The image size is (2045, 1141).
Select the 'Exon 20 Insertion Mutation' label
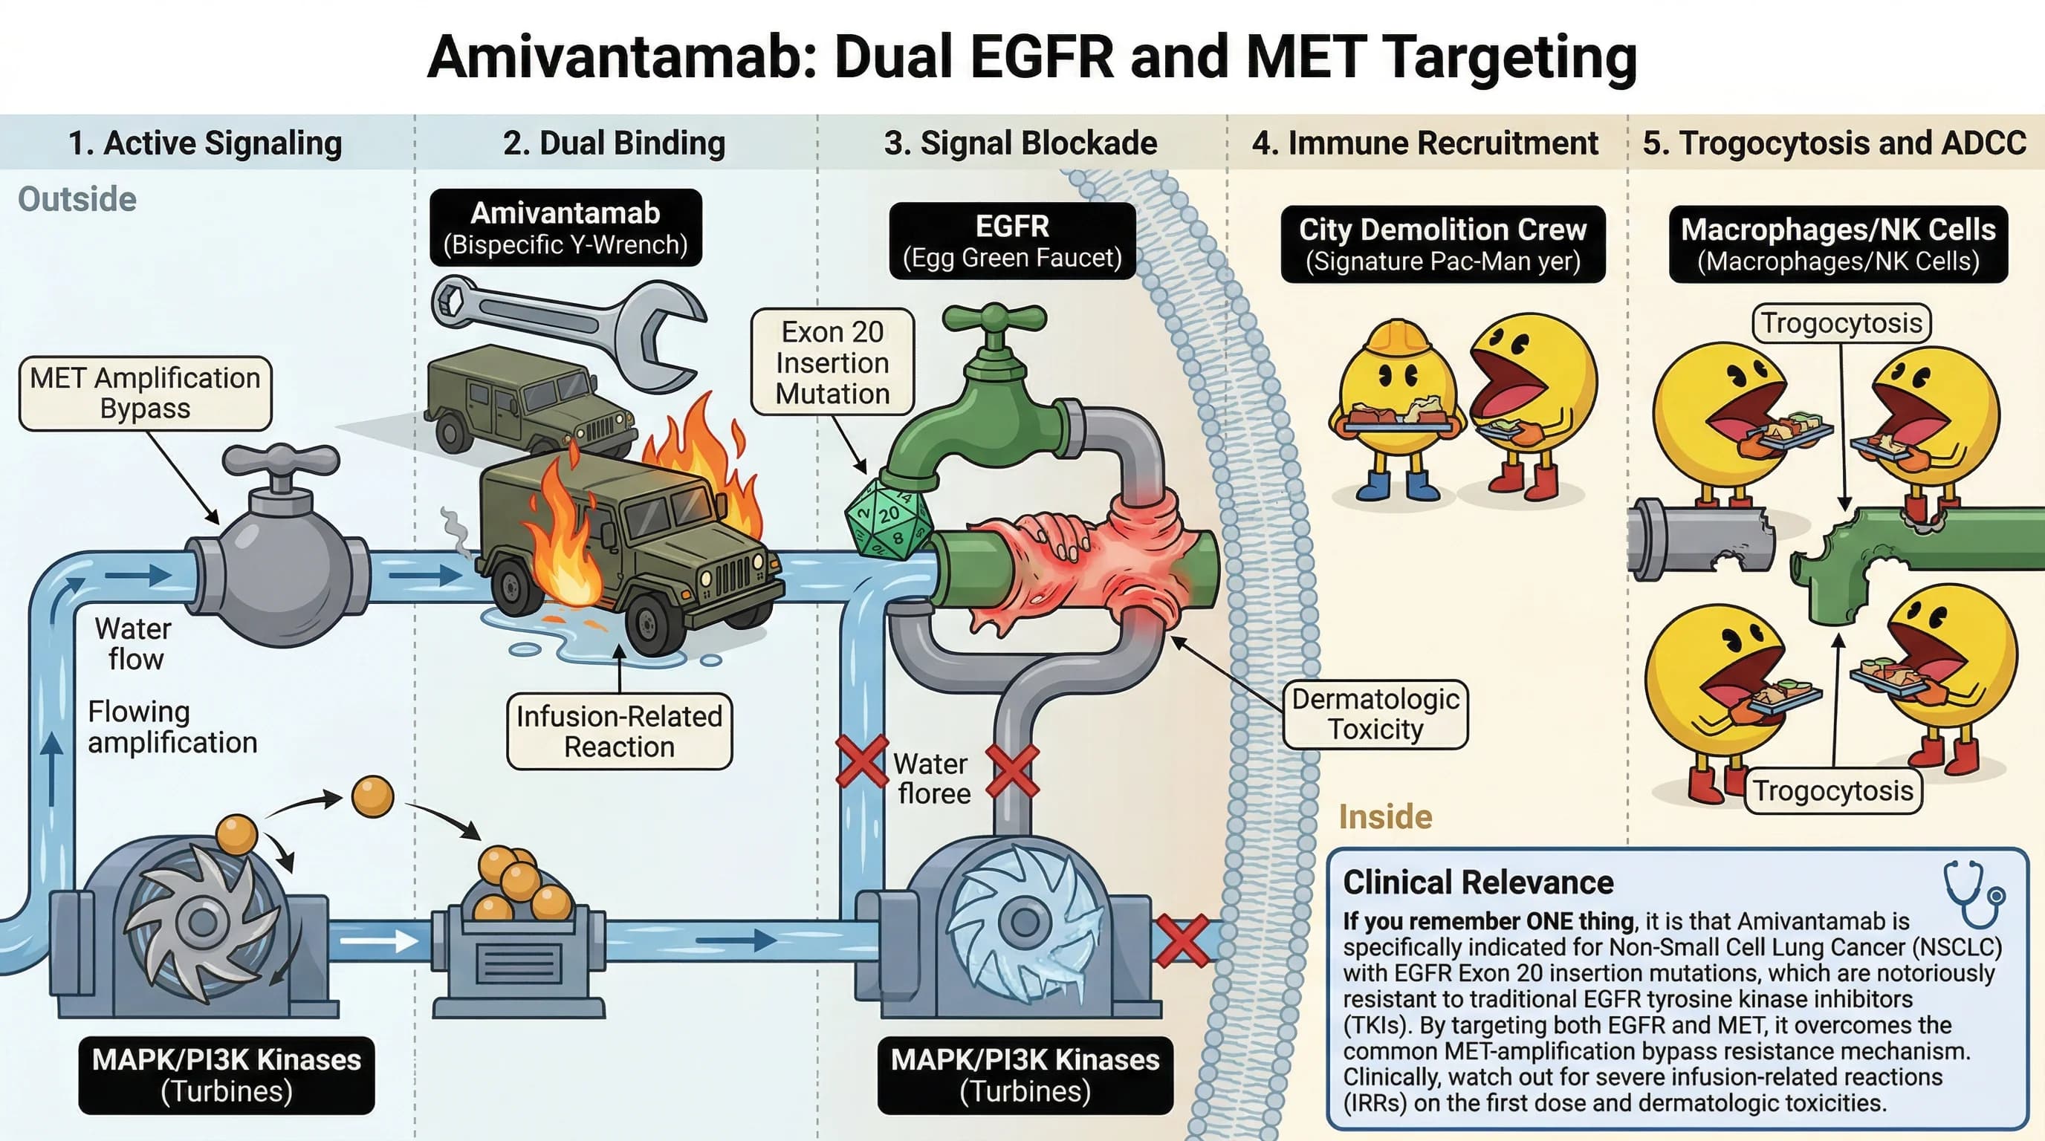pos(832,363)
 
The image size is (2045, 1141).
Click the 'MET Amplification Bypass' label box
pos(146,394)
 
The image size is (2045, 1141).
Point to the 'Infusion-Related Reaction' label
pos(619,732)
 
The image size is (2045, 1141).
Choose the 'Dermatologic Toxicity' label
pos(1375,714)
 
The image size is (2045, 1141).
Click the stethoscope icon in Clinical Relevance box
pos(1974,895)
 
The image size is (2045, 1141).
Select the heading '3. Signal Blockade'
pos(1020,143)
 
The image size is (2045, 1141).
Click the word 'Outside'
pos(77,199)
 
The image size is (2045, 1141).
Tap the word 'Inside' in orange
pos(1385,817)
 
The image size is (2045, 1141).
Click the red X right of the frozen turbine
pos(1182,940)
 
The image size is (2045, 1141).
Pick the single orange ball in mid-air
pos(372,796)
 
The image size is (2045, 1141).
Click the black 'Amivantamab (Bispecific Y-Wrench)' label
pos(565,228)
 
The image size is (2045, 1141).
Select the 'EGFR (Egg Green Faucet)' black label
pos(1012,241)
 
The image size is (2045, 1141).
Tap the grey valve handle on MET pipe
pos(280,461)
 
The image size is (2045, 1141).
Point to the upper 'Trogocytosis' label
pos(1841,323)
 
